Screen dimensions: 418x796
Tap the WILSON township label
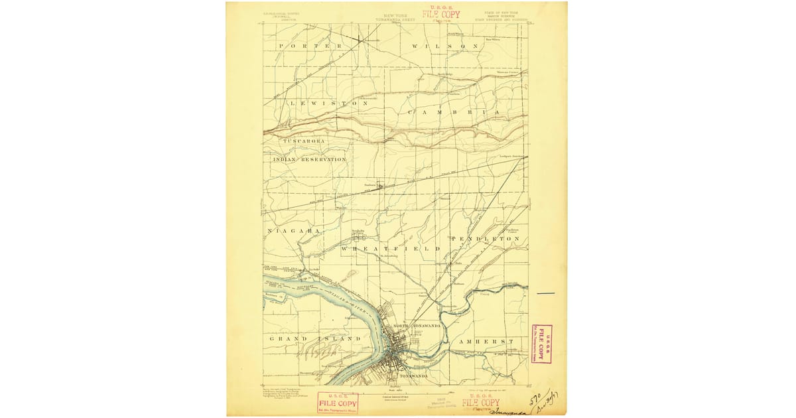[x=445, y=46]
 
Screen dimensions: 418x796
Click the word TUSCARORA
[x=304, y=141]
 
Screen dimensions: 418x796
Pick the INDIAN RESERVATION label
[x=309, y=160]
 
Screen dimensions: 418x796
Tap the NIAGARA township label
[x=294, y=231]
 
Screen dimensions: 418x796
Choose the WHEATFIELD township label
[x=391, y=248]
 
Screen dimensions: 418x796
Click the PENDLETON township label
[x=485, y=238]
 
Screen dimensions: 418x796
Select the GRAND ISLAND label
[x=314, y=338]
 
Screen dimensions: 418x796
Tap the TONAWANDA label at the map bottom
[x=415, y=376]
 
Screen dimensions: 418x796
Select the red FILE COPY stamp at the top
[x=441, y=15]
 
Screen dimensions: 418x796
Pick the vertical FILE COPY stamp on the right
[x=541, y=344]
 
